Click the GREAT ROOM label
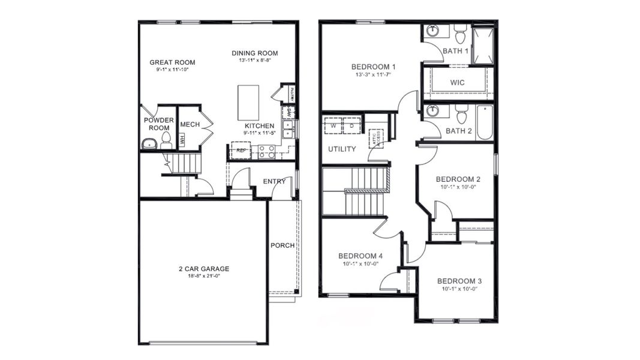(x=172, y=62)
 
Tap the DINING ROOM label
(x=256, y=53)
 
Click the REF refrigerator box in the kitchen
(x=241, y=150)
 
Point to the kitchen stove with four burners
(x=266, y=152)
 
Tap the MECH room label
(x=190, y=124)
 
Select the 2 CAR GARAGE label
(x=203, y=269)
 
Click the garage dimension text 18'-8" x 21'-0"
(x=203, y=276)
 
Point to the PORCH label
(x=283, y=245)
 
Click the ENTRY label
(x=274, y=181)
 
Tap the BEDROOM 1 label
(x=373, y=67)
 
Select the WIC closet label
(x=457, y=82)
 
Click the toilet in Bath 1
(x=460, y=34)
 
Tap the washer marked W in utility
(x=332, y=127)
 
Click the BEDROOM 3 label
(x=459, y=281)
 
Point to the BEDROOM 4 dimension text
(x=360, y=263)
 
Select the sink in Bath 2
(x=433, y=112)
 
